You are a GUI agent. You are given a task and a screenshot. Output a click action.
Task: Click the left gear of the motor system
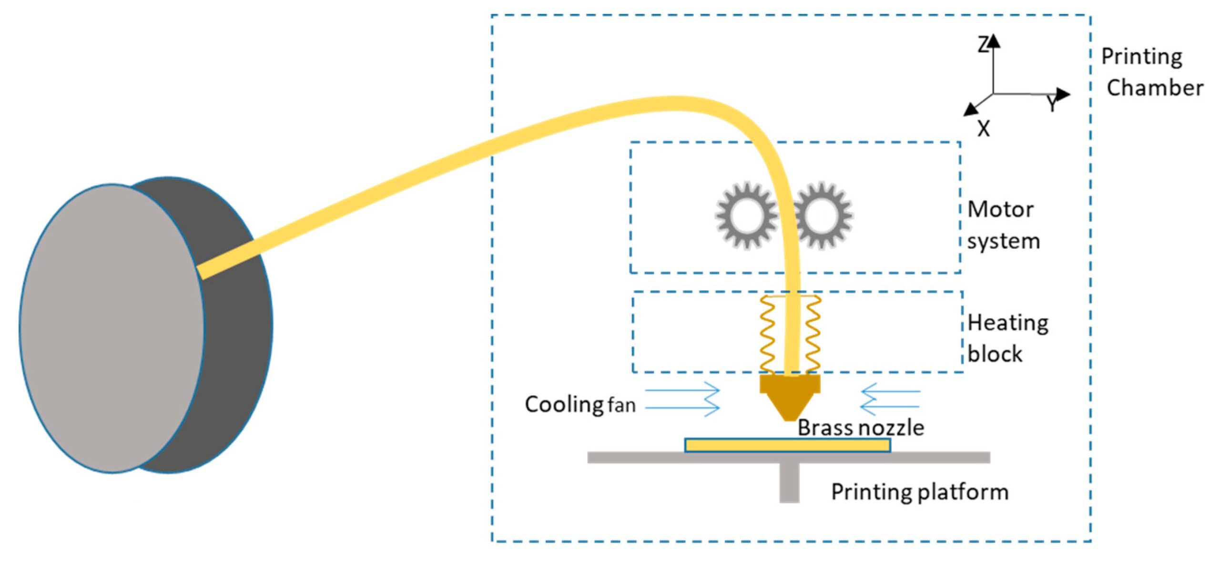pos(745,215)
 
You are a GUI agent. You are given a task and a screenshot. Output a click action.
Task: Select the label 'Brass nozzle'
pos(861,428)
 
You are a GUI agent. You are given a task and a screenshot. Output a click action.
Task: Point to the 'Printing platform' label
pos(920,492)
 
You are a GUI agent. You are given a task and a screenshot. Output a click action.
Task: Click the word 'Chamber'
pos(1154,88)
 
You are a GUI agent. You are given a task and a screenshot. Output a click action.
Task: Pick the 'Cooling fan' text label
pos(580,405)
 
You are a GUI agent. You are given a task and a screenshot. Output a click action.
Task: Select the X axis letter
pos(983,129)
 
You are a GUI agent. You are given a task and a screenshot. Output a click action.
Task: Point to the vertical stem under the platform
pos(789,482)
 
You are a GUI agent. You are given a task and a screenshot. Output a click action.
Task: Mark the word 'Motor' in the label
pos(1000,210)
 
